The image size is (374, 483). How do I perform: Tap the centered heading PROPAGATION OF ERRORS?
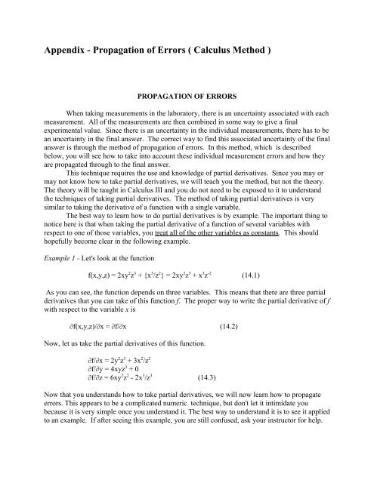pos(186,98)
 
